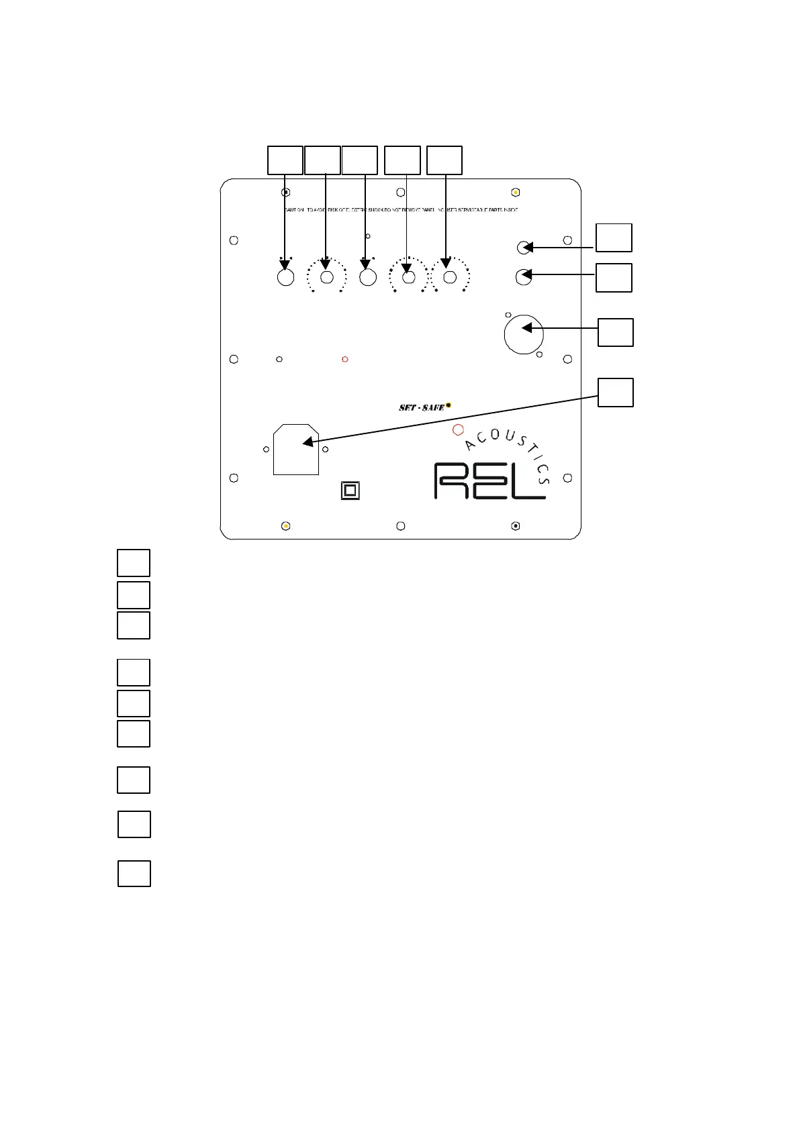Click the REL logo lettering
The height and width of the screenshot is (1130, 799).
pos(490,480)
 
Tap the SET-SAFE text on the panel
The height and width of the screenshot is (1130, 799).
pos(422,407)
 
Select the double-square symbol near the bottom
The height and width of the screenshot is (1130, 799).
pos(350,491)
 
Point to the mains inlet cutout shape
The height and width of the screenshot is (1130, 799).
pos(296,449)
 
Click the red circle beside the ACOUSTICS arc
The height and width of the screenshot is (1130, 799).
pos(458,429)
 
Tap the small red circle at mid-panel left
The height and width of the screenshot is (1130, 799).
pos(345,359)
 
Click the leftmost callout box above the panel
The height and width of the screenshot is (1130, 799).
pos(285,160)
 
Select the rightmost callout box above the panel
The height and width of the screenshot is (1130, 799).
pos(444,160)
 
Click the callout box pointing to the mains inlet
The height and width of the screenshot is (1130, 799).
pos(616,393)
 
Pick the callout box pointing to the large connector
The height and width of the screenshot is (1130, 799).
pos(616,333)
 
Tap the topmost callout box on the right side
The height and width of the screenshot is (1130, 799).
pos(614,238)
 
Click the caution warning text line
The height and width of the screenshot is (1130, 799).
pos(400,210)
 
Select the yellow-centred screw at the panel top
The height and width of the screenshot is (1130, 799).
pos(515,192)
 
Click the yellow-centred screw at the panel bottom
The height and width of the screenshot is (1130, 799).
pos(285,526)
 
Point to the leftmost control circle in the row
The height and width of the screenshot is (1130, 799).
pos(286,277)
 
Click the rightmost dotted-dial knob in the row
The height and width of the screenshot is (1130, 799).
pos(451,277)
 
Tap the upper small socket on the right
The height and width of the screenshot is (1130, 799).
pos(524,248)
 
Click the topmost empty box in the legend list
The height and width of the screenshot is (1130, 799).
pos(134,563)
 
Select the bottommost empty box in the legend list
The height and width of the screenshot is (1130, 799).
pos(134,874)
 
